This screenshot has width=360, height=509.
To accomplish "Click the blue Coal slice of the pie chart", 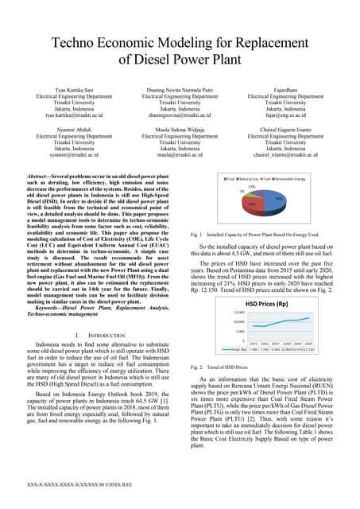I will (276, 199).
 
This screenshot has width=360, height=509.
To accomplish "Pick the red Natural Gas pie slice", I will (252, 205).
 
